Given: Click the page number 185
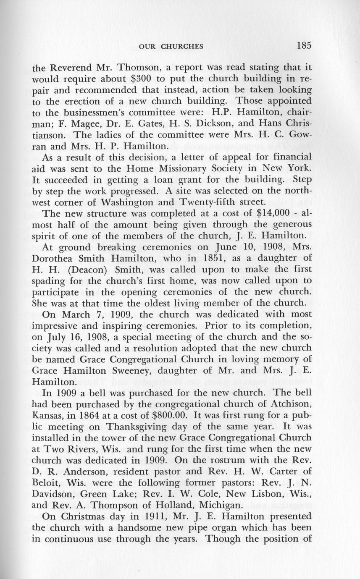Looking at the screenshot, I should pos(303,46).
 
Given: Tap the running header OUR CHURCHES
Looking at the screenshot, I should pos(171,47).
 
